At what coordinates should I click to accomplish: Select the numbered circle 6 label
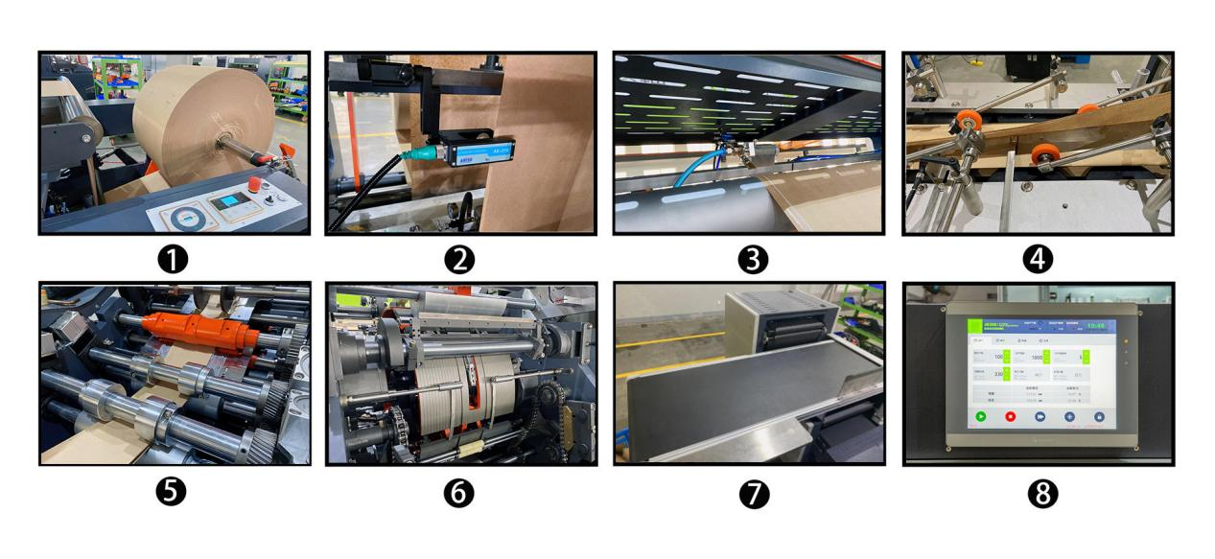pyautogui.click(x=461, y=492)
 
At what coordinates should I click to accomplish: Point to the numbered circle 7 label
pyautogui.click(x=749, y=492)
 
